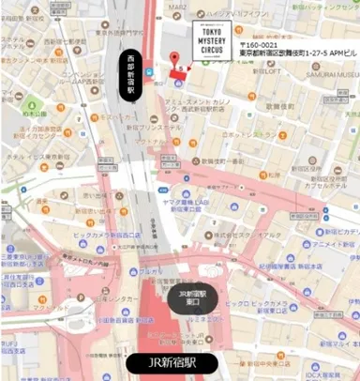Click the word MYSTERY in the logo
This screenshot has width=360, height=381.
pos(208,41)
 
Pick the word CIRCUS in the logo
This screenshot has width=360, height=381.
pos(208,51)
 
